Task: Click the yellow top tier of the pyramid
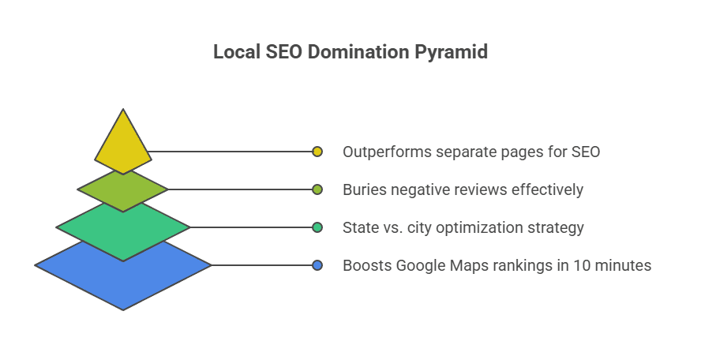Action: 123,143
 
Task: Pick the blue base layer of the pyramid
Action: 123,277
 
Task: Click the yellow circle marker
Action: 317,152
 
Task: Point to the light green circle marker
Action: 317,189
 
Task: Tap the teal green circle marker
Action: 317,227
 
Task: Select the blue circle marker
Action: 317,265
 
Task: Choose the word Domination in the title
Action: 358,52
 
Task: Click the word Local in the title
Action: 237,52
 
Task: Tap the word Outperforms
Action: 387,152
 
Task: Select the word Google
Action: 421,266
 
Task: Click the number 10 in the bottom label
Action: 582,265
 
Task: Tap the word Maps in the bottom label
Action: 466,266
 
